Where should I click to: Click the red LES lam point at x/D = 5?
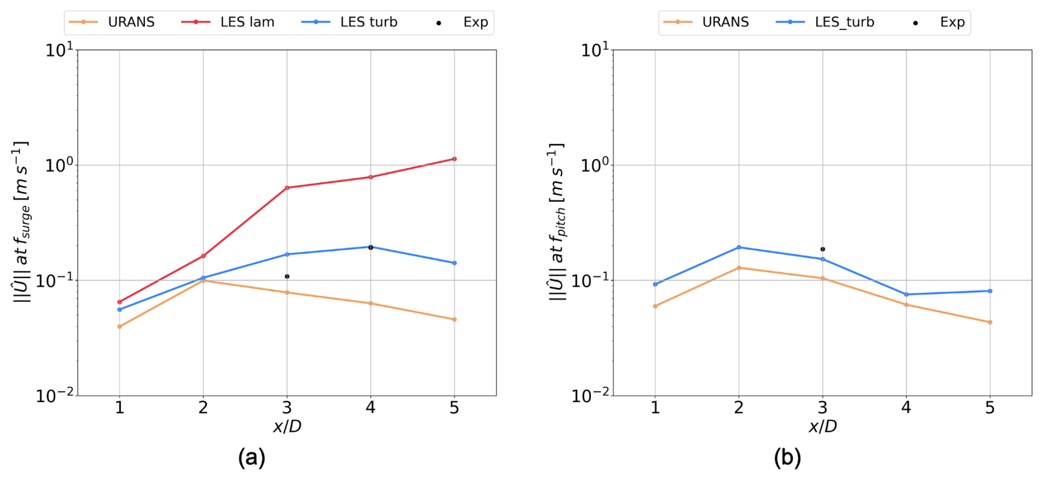(x=454, y=159)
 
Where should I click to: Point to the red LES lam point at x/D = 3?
(x=287, y=188)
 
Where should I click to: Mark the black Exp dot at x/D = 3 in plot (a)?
(x=287, y=276)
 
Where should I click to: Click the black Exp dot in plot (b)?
(x=822, y=249)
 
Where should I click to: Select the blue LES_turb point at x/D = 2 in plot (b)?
(x=739, y=247)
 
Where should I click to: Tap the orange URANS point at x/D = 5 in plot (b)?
(x=990, y=322)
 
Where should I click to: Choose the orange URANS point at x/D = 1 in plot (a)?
(x=120, y=327)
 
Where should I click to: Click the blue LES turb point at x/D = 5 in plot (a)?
(x=454, y=263)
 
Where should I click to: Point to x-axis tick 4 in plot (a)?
(x=370, y=408)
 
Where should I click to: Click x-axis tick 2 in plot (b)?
(x=739, y=408)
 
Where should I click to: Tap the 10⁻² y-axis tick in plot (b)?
(x=595, y=396)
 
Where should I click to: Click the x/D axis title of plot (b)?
(x=822, y=426)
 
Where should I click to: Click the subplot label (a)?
(x=251, y=457)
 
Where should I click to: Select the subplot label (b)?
(x=787, y=457)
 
